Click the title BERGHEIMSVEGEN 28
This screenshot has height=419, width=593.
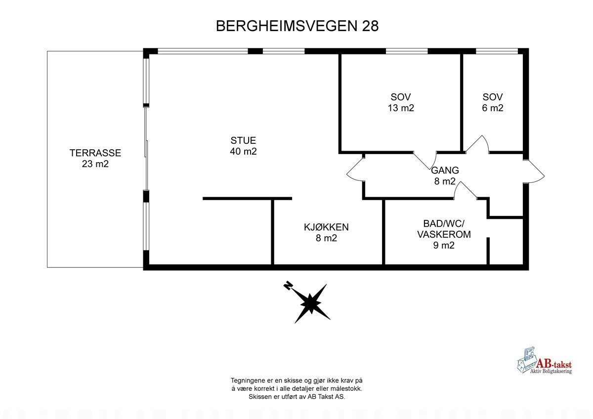[297, 26]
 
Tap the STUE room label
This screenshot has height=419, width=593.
[243, 141]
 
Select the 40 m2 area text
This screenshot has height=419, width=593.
[243, 152]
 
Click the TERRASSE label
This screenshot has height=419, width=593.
[95, 153]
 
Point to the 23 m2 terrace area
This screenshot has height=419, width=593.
[95, 164]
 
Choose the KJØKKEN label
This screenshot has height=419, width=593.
[326, 227]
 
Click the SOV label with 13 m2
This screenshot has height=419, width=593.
[401, 97]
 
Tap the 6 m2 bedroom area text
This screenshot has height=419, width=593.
[493, 108]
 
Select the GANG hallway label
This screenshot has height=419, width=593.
[445, 170]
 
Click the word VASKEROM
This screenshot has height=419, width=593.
[444, 234]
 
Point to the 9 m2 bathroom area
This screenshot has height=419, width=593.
[444, 245]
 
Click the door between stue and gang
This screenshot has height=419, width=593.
[355, 170]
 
